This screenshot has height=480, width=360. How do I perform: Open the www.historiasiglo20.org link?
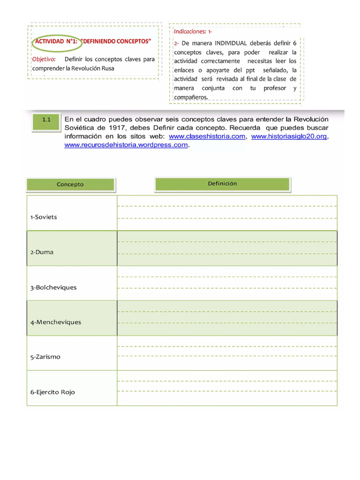click(x=289, y=136)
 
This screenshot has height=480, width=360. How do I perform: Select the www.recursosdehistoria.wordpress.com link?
click(x=126, y=145)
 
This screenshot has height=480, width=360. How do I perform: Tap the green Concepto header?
click(x=70, y=184)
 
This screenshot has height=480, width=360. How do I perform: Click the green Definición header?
click(x=222, y=184)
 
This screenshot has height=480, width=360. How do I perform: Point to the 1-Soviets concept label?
click(x=44, y=217)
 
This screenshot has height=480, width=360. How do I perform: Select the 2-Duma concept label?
click(x=42, y=252)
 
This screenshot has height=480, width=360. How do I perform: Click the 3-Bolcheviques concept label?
click(x=53, y=287)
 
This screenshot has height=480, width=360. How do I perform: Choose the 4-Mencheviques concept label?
click(x=56, y=322)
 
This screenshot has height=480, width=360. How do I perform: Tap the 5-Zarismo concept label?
click(x=45, y=357)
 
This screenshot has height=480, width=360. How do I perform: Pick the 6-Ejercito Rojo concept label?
click(x=52, y=392)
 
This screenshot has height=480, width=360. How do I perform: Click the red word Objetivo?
click(x=44, y=60)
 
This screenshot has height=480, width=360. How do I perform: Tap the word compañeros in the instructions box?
click(x=190, y=97)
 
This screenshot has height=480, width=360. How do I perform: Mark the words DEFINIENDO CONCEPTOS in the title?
click(x=118, y=41)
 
